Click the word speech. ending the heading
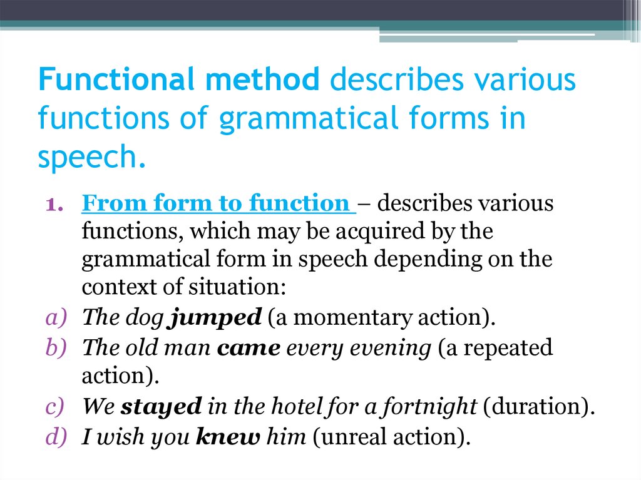tap(92, 157)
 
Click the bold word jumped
tap(215, 317)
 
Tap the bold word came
tap(249, 347)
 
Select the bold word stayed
tap(161, 407)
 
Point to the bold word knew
tap(227, 436)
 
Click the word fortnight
tap(438, 407)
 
